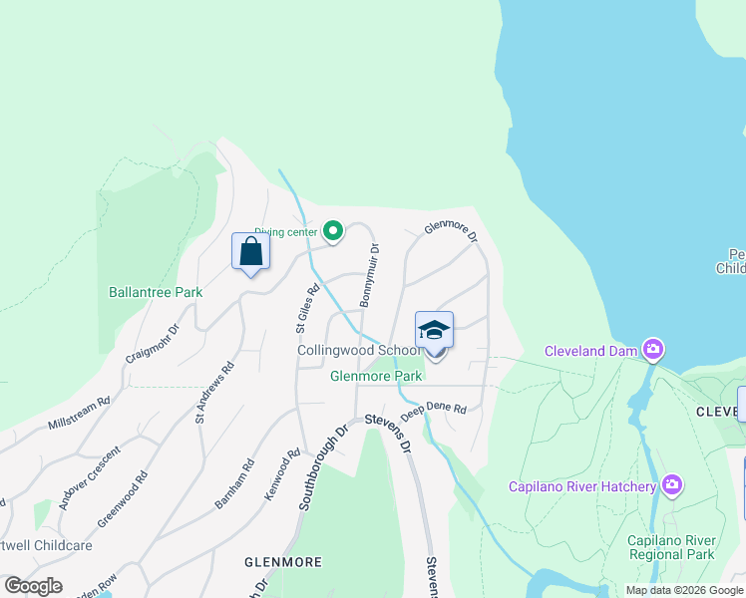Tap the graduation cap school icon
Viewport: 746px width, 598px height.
click(x=434, y=330)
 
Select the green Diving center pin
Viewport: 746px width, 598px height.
click(x=332, y=232)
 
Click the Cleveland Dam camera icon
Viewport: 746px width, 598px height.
click(x=653, y=349)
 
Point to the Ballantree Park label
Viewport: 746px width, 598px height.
click(x=156, y=292)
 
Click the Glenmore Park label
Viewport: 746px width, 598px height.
click(x=377, y=376)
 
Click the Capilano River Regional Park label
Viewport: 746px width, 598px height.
click(x=671, y=547)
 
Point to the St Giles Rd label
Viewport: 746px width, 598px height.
click(x=307, y=309)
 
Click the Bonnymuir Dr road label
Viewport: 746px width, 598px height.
click(x=370, y=275)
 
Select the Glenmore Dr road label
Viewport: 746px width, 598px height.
click(x=452, y=230)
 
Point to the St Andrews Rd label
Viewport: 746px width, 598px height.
click(x=214, y=392)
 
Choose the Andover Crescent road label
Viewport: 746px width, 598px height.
click(x=90, y=478)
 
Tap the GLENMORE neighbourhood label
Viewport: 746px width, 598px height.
click(x=283, y=562)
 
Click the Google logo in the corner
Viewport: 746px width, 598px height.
click(x=34, y=586)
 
